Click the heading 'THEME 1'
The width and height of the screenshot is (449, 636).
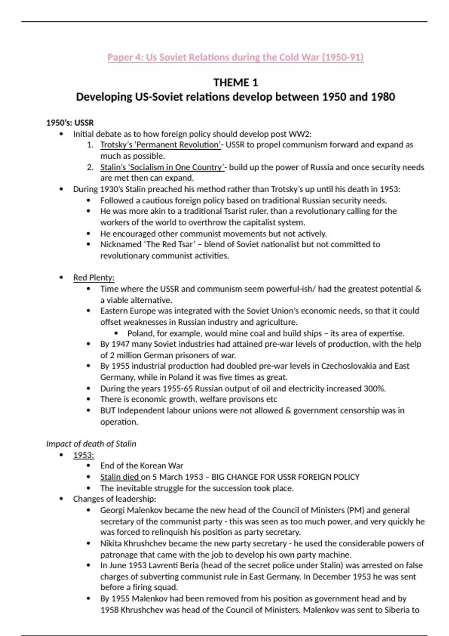click(x=235, y=82)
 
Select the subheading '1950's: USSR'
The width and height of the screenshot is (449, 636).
click(x=70, y=123)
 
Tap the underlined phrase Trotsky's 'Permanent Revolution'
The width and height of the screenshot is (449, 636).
click(x=161, y=145)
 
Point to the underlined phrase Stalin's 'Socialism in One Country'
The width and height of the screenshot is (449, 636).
click(x=162, y=167)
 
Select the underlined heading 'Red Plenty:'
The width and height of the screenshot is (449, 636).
click(x=94, y=278)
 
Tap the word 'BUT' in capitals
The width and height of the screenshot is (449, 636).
click(x=108, y=410)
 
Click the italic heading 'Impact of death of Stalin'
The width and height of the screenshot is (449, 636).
click(x=91, y=444)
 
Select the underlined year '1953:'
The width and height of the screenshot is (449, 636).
click(x=83, y=455)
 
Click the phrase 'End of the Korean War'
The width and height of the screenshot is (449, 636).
click(x=141, y=466)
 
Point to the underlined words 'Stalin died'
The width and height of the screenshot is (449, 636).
click(x=119, y=477)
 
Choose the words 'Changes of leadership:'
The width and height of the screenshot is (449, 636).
click(x=114, y=499)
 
